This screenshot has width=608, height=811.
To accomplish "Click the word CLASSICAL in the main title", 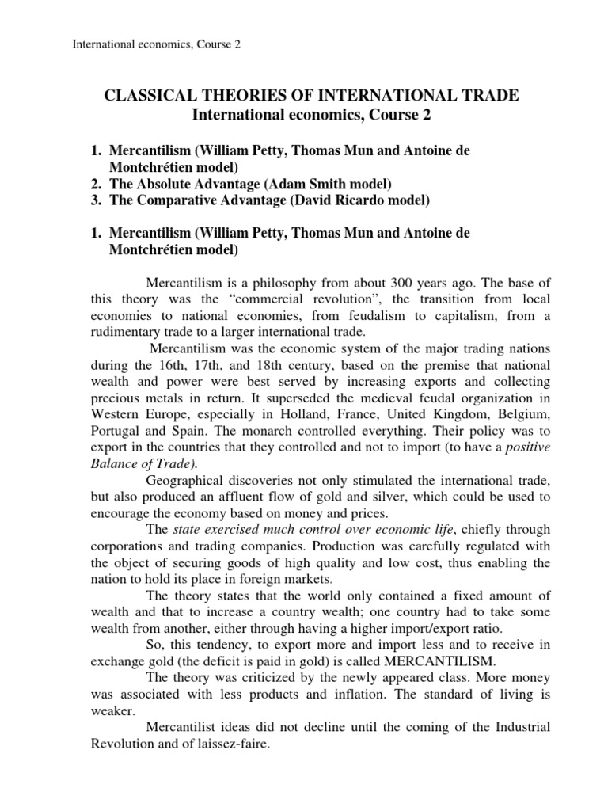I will tap(150, 97).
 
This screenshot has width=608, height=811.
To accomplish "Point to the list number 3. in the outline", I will tap(93, 201).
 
